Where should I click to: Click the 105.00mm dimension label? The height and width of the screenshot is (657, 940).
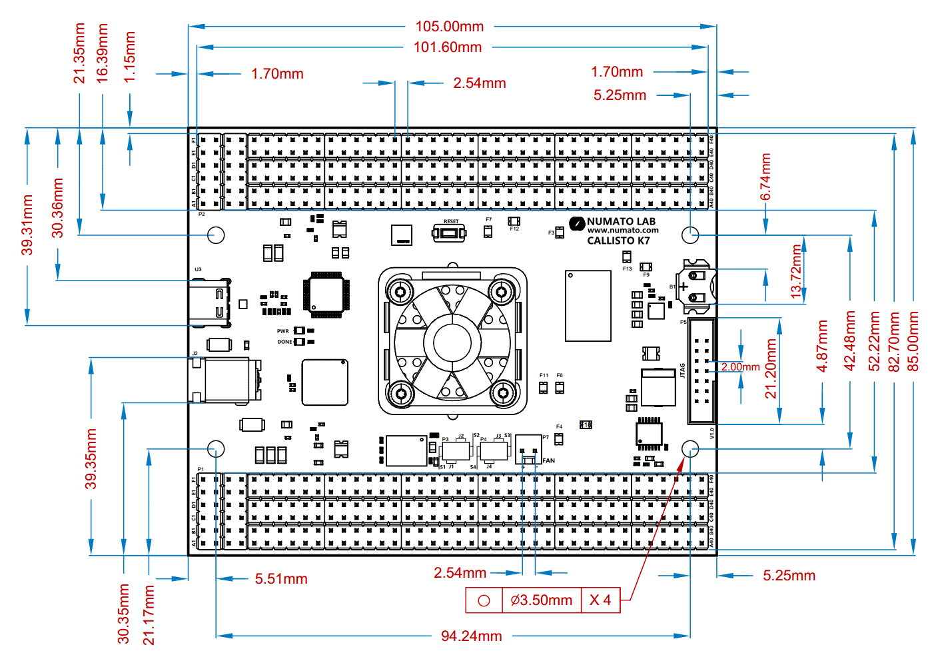click(450, 27)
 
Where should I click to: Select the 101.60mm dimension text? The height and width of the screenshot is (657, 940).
click(447, 47)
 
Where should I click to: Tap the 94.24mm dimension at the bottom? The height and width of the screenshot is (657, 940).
click(471, 636)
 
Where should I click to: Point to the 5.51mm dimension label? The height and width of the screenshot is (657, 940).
click(280, 579)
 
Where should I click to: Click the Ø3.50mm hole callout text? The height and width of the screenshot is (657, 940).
click(541, 600)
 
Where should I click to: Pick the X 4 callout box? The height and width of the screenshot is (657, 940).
click(600, 600)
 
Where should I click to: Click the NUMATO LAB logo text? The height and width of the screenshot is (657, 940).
click(621, 221)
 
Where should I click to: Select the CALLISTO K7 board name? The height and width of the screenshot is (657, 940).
click(618, 241)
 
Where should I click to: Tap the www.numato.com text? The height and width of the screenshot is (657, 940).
click(623, 231)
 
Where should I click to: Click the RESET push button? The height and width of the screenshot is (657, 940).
click(450, 233)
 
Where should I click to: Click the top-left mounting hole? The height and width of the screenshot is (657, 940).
click(216, 235)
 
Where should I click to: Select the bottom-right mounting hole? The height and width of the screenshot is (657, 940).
click(691, 448)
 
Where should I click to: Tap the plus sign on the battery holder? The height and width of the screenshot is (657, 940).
click(683, 287)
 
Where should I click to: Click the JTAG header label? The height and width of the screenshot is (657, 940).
click(683, 370)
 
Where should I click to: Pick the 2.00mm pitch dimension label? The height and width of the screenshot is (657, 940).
click(740, 367)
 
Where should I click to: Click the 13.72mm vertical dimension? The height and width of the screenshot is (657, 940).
click(796, 271)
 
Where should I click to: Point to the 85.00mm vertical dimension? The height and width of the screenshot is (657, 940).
click(913, 341)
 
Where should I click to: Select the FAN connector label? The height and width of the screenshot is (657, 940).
click(548, 460)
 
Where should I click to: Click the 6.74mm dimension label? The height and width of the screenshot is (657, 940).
click(765, 177)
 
